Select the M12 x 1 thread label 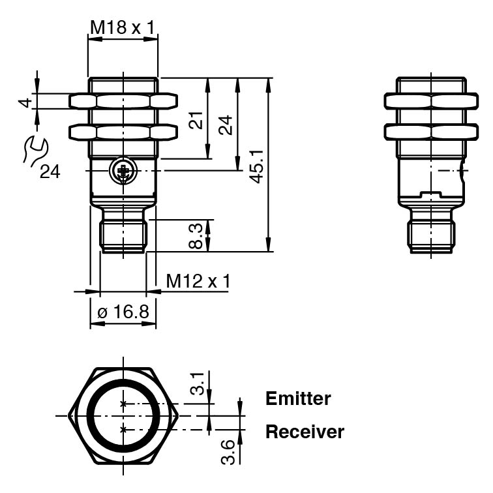click(x=198, y=281)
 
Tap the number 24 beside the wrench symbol click(x=50, y=172)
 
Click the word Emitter click(x=298, y=398)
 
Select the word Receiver click(x=305, y=432)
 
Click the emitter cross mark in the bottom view click(x=123, y=404)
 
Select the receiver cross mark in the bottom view click(x=123, y=429)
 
